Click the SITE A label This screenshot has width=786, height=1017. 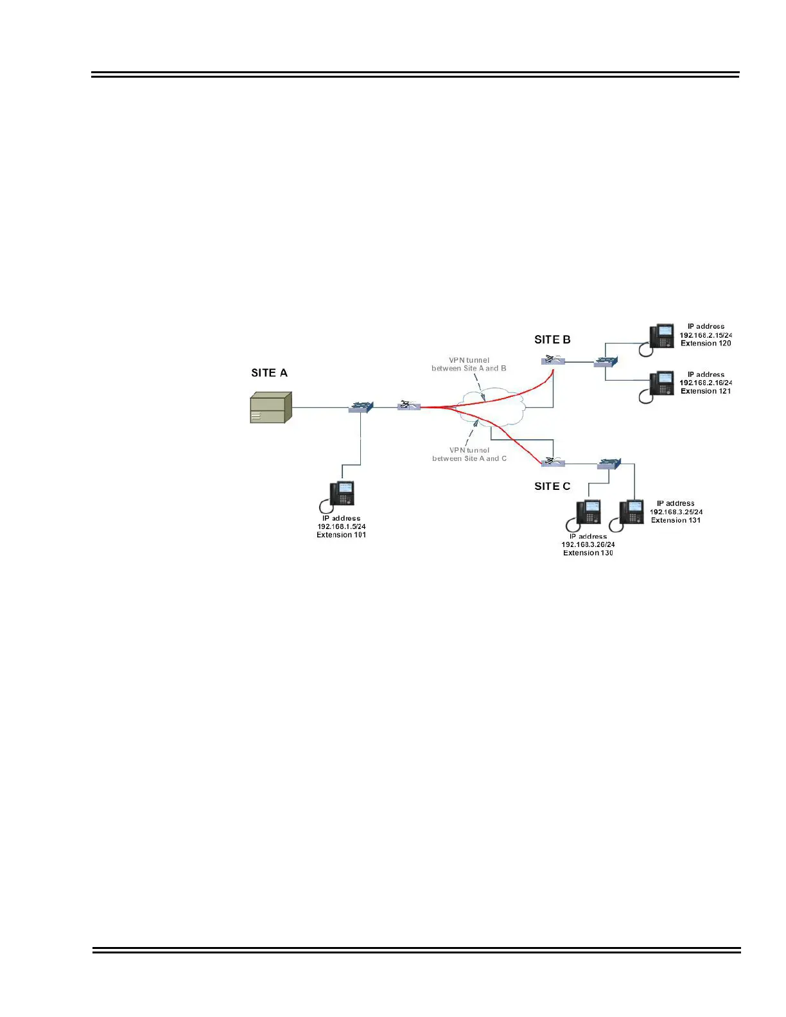coord(269,373)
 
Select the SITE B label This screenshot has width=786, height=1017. coord(552,340)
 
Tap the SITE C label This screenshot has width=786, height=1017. coord(552,487)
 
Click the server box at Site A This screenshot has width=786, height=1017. coord(270,408)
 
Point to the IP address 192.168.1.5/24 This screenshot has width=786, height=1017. coord(342,526)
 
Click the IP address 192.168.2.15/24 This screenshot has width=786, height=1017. coord(706,335)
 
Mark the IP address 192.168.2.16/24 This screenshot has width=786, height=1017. coord(706,383)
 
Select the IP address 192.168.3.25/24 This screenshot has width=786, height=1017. coord(676,512)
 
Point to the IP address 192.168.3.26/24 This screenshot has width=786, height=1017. coord(588,544)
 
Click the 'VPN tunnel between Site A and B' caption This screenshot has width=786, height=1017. coord(469,365)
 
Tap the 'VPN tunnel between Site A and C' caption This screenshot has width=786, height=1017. coord(469,455)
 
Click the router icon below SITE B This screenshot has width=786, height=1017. coord(552,360)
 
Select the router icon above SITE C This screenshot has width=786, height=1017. coord(552,462)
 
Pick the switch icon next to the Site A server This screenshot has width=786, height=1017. coord(361,407)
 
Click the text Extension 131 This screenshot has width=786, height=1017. coord(676,521)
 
